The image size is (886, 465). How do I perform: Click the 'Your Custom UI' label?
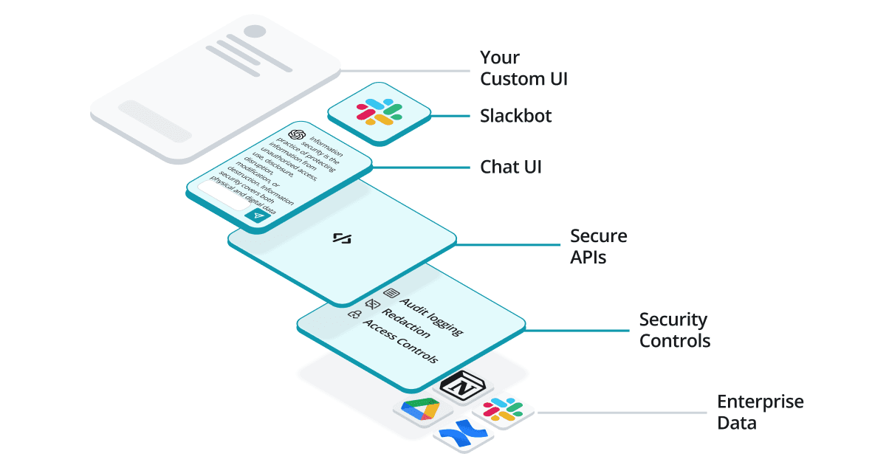(523, 68)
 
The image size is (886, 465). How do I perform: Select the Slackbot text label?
(515, 116)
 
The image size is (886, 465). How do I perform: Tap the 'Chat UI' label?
(511, 167)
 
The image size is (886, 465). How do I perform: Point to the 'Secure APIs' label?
(598, 247)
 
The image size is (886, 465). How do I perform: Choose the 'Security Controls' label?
(674, 330)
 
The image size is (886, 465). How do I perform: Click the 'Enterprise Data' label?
(760, 412)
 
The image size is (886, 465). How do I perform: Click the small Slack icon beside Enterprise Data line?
(503, 410)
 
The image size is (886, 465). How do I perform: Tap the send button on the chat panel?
(257, 216)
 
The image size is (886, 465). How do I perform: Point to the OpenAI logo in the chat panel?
(297, 136)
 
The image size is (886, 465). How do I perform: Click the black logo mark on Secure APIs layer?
(341, 238)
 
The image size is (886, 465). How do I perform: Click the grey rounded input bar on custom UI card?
(155, 120)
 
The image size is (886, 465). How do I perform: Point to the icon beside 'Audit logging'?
(391, 293)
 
